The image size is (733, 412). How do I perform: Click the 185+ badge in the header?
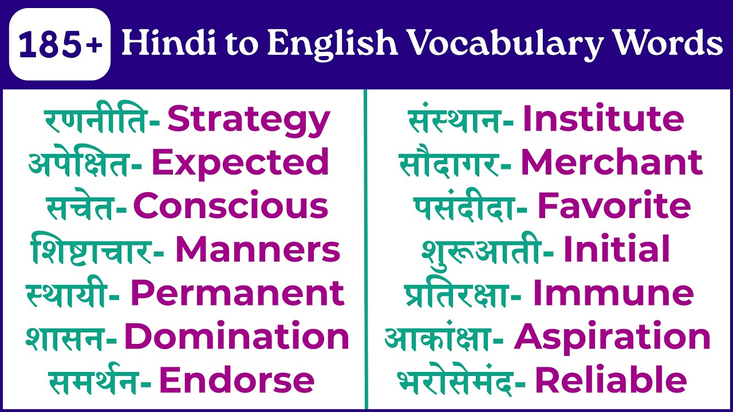(x=60, y=45)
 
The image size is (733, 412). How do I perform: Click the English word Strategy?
(x=249, y=121)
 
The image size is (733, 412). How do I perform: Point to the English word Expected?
(x=240, y=164)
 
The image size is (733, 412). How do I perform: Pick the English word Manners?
(x=258, y=251)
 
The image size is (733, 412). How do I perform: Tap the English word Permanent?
(x=237, y=294)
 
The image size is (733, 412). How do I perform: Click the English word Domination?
(x=237, y=337)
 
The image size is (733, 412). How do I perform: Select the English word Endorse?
(x=237, y=381)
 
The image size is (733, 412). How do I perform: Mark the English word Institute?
(x=603, y=120)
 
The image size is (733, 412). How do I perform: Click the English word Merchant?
(x=611, y=164)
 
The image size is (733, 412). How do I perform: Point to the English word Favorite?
(x=614, y=207)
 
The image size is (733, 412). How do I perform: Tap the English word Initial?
(x=617, y=251)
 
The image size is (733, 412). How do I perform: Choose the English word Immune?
(x=613, y=294)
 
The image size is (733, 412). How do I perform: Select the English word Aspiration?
(x=612, y=337)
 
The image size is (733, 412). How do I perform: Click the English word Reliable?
(x=610, y=381)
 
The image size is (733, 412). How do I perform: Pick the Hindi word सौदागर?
(x=448, y=164)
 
